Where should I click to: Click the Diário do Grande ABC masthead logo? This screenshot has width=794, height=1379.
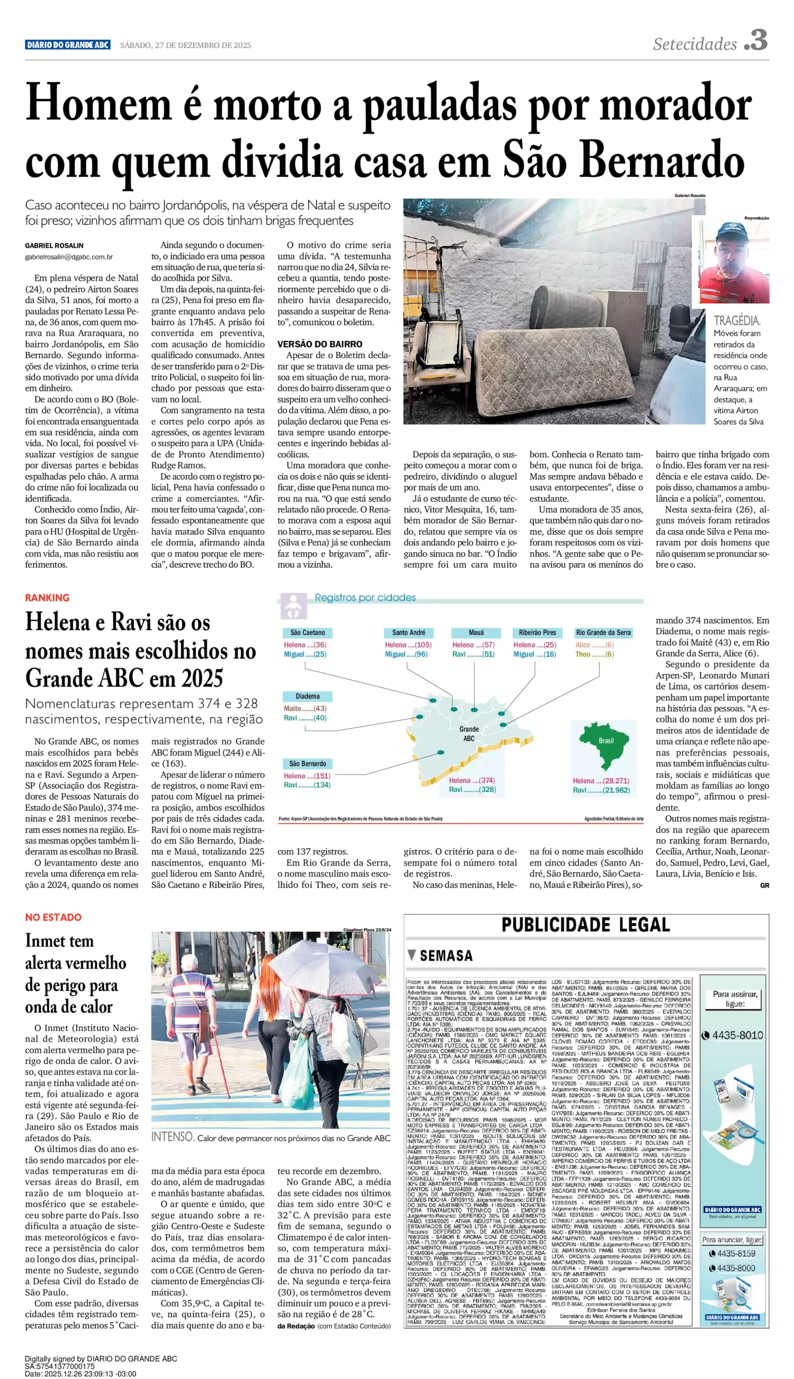point(68,45)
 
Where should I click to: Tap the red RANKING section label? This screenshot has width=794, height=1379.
point(47,597)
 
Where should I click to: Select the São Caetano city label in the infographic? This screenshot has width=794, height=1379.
point(308,632)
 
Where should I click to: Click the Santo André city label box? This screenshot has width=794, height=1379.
point(408,632)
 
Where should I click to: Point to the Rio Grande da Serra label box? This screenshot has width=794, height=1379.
point(603,632)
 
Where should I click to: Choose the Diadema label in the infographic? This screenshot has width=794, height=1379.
point(308,697)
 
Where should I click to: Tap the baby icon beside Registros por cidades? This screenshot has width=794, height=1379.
point(294,607)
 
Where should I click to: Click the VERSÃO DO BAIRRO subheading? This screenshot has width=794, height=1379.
point(319,344)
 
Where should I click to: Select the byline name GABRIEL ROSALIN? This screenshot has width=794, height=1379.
point(54,246)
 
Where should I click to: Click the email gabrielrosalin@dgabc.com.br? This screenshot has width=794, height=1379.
point(69,257)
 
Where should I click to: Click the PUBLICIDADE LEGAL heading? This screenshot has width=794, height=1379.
point(585,925)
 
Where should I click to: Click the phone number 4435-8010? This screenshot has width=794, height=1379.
point(737,1035)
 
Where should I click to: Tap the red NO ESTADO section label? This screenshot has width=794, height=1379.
point(53,917)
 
